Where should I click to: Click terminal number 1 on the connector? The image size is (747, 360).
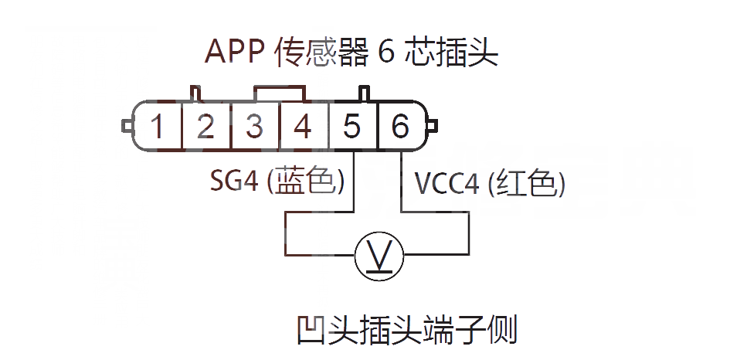tap(157, 126)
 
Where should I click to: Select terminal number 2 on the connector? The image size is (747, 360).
tap(205, 126)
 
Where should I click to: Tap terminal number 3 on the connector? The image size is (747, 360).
tap(254, 126)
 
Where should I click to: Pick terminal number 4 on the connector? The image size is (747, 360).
tap(303, 126)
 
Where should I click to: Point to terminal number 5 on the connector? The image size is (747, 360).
tap(352, 126)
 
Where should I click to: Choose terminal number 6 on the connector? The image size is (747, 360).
tap(400, 126)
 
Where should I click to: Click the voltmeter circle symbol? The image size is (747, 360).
tap(378, 256)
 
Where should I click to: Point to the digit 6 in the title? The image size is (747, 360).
tap(387, 53)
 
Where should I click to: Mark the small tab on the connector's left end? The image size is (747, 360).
tap(126, 124)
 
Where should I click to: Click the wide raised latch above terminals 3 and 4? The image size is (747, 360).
tap(279, 93)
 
